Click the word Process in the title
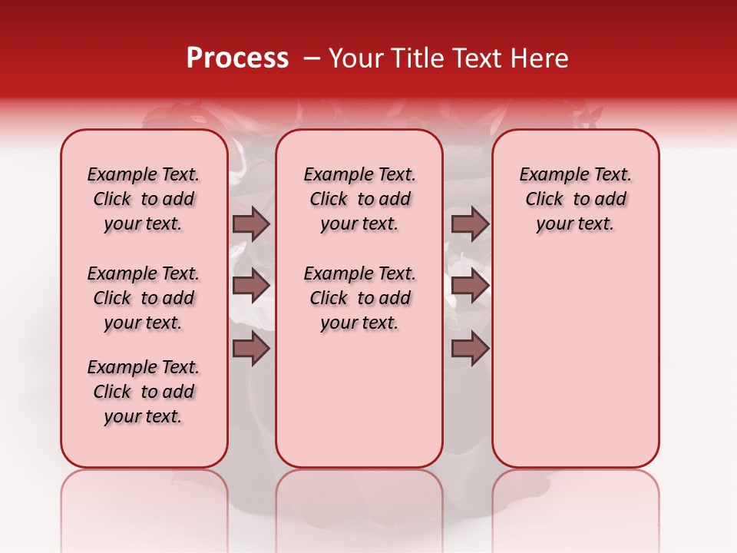(x=237, y=58)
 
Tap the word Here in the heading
(x=541, y=58)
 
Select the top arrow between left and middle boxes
(x=251, y=224)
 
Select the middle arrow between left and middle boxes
(x=251, y=286)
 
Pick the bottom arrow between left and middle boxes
(x=251, y=349)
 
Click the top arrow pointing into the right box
(x=470, y=224)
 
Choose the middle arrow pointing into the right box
(x=470, y=286)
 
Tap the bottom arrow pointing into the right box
(x=470, y=349)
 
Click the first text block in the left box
(x=144, y=199)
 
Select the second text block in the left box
(x=144, y=298)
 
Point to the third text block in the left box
(x=144, y=392)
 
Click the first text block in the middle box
(x=360, y=199)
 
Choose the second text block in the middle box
(x=360, y=298)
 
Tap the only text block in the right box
(x=576, y=199)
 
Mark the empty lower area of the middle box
(x=359, y=399)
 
